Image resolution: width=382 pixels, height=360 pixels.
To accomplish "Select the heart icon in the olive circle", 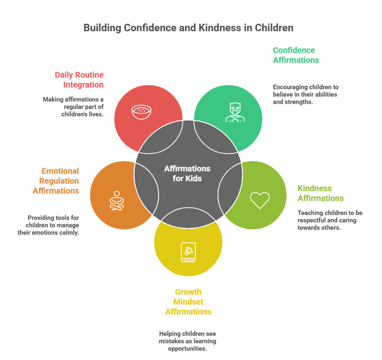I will (x=260, y=200).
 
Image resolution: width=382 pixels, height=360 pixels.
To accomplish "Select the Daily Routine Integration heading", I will (x=79, y=80).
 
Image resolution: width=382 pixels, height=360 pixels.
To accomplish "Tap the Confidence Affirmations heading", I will (x=295, y=55).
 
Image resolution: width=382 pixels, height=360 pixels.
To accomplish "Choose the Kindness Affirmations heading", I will (x=320, y=193).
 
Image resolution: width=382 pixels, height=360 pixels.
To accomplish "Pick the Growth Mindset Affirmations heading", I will (x=188, y=302).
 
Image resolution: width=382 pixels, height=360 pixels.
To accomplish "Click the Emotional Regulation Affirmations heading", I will (x=56, y=181).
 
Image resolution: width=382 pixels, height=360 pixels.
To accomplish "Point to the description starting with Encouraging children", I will (x=305, y=94).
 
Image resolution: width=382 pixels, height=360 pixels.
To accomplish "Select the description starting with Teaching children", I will (x=330, y=220).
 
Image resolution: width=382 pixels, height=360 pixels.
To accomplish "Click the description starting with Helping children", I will (x=187, y=341).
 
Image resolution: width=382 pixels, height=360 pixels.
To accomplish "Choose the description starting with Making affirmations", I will (x=73, y=107).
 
